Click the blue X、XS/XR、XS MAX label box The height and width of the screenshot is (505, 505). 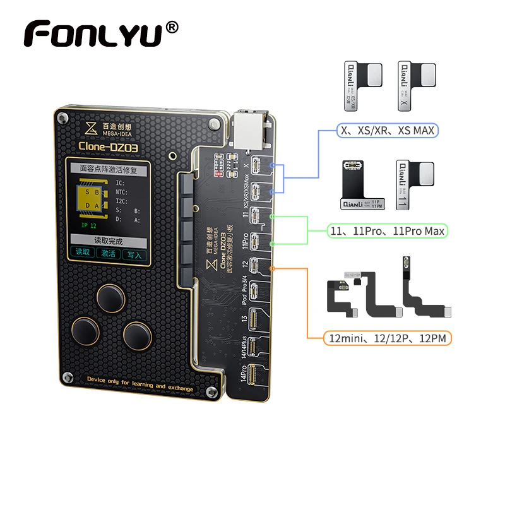coord(387,130)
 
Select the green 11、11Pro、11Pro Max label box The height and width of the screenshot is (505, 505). coord(388,231)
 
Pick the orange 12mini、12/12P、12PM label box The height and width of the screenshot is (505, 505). coord(388,338)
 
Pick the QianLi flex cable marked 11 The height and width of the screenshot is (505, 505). coord(413,183)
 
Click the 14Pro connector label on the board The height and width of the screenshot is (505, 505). coord(242,377)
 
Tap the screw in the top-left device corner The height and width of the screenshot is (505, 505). coord(62,118)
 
